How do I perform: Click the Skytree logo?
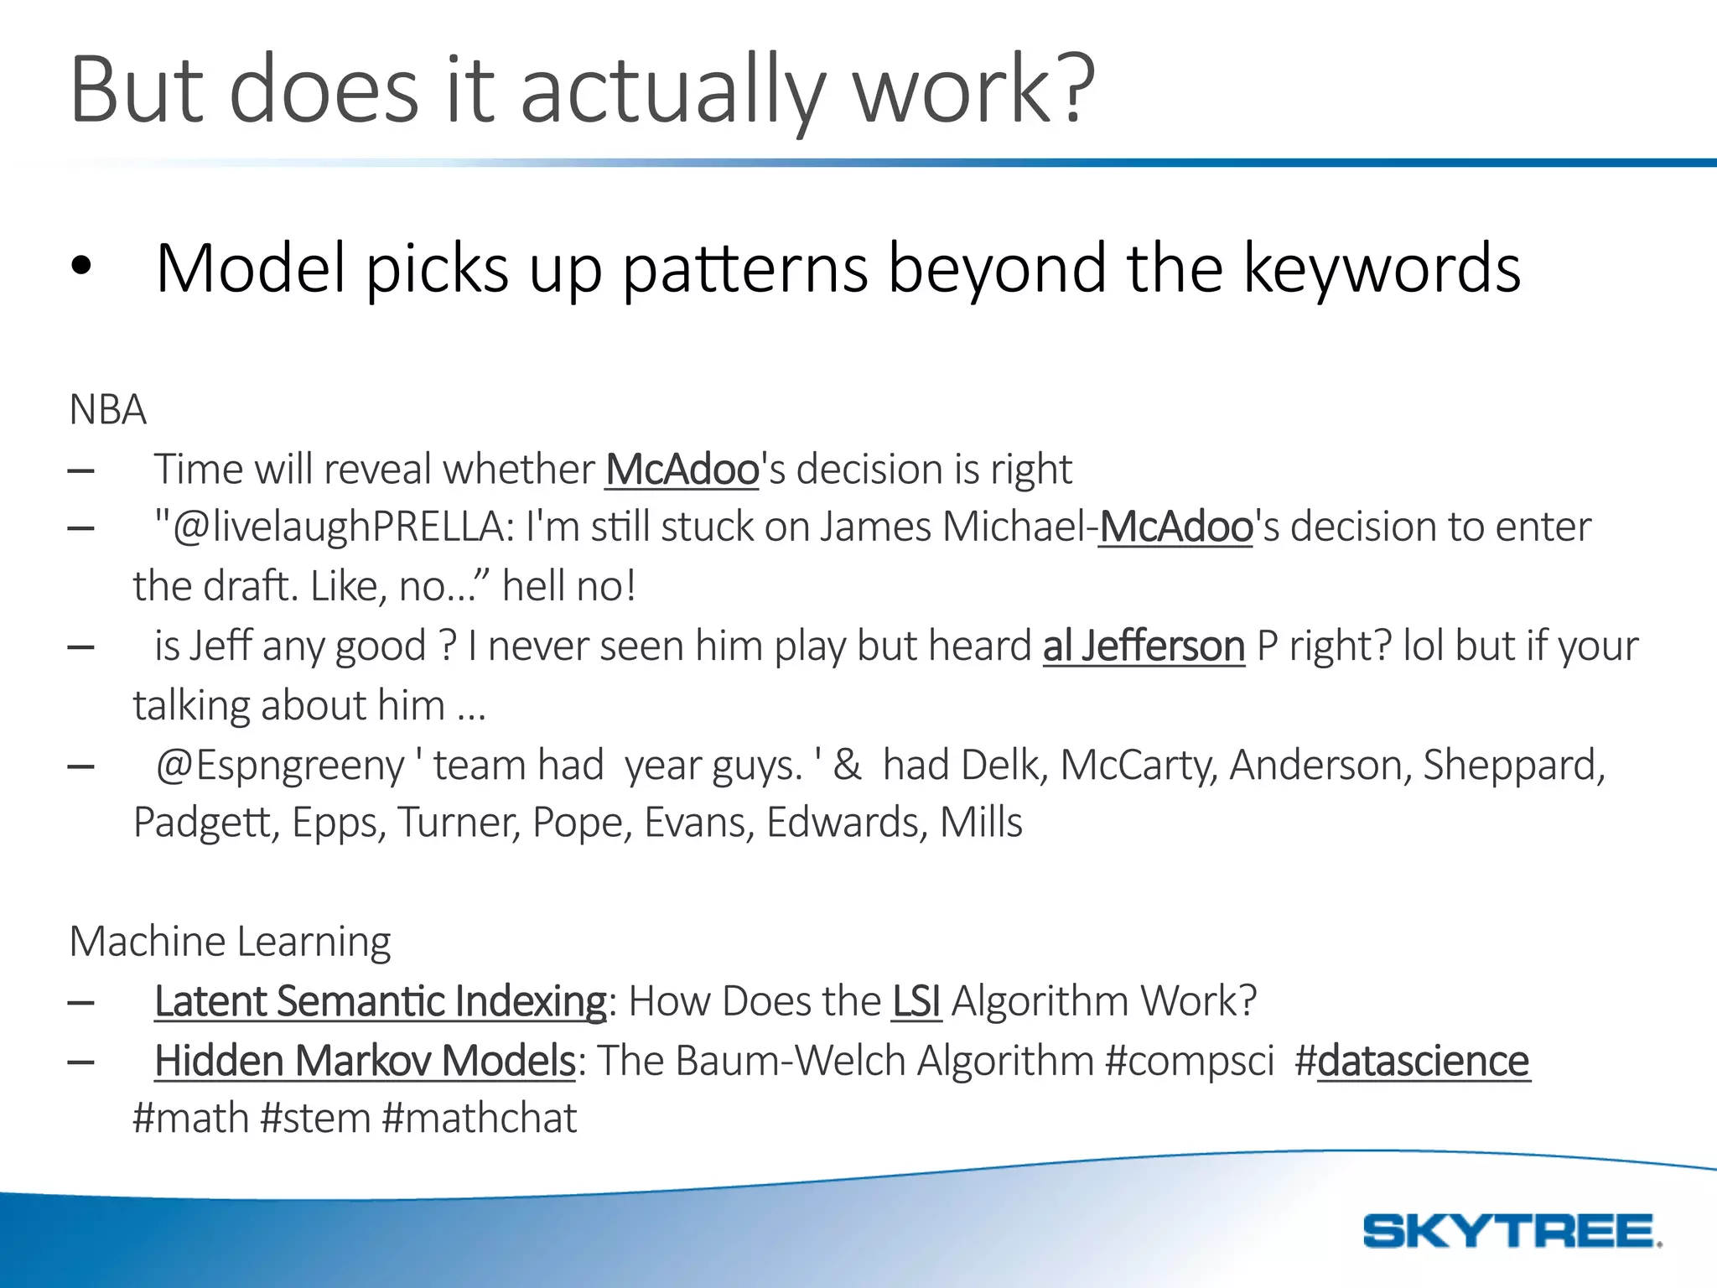[x=1511, y=1231]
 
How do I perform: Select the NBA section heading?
[x=107, y=410]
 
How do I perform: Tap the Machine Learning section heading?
[x=230, y=942]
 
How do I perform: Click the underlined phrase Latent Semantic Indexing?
[x=380, y=1001]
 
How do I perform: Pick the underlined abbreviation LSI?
[x=916, y=1001]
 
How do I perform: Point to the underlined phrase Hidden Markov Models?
[x=365, y=1061]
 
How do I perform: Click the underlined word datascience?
[x=1423, y=1061]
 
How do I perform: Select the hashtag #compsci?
[x=1190, y=1061]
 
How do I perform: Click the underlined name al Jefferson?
[x=1144, y=647]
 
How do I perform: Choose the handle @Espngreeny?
[x=280, y=766]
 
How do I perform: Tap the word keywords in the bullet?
[x=1381, y=268]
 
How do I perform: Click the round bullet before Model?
[x=80, y=267]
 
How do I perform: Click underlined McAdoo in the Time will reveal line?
[x=682, y=469]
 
